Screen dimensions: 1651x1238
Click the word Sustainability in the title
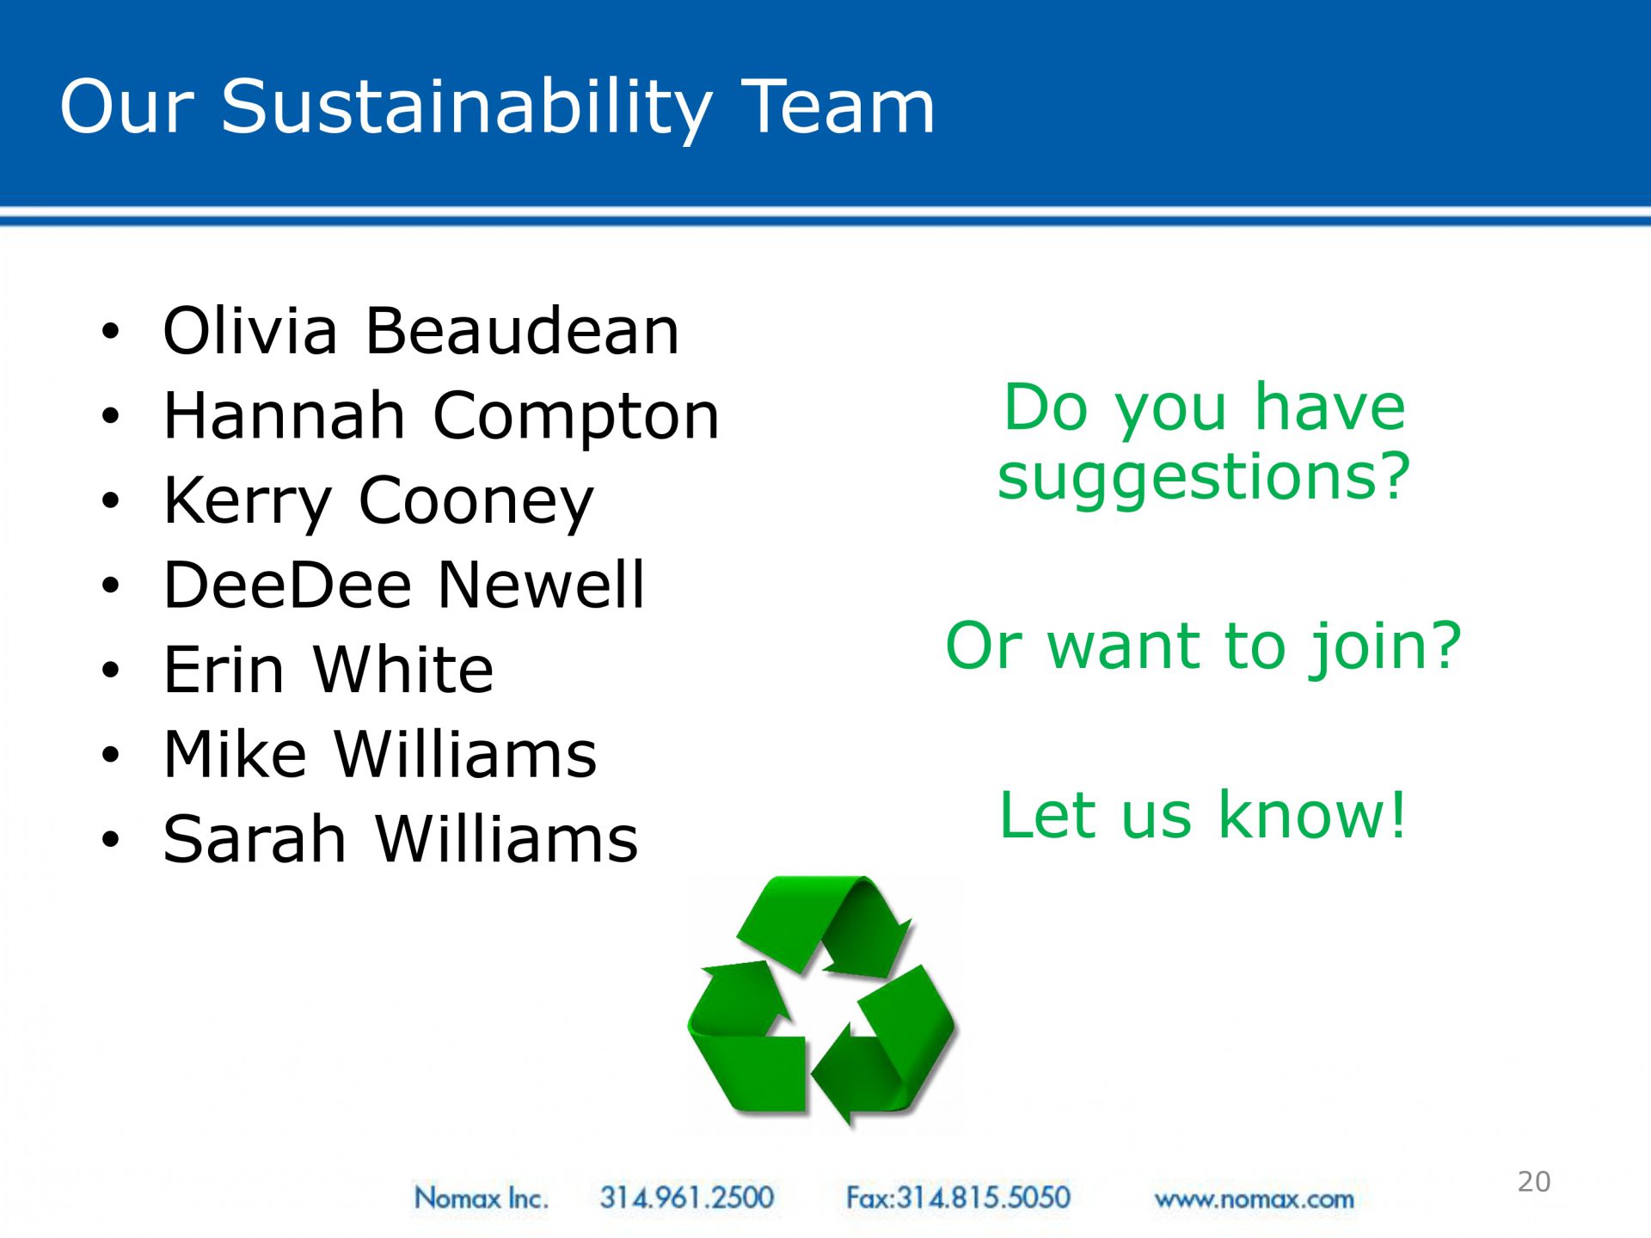point(467,108)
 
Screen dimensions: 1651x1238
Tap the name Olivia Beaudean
point(421,331)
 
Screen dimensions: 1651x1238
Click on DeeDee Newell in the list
point(403,585)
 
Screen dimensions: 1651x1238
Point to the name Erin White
point(328,669)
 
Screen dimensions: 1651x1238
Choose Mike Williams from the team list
point(380,754)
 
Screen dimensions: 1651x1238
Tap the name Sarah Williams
point(401,838)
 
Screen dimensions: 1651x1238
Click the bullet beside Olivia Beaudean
point(110,331)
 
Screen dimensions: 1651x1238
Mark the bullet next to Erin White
point(110,670)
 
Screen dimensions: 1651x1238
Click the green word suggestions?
point(1204,479)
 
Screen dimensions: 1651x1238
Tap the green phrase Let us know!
point(1203,814)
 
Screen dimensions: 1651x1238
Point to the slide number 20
point(1534,1182)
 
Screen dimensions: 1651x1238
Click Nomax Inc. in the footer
point(481,1198)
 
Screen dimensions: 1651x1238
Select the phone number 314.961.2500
point(687,1198)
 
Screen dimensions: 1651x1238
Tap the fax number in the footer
point(958,1198)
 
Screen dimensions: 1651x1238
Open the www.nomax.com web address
point(1254,1199)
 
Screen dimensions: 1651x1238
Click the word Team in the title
point(838,107)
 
